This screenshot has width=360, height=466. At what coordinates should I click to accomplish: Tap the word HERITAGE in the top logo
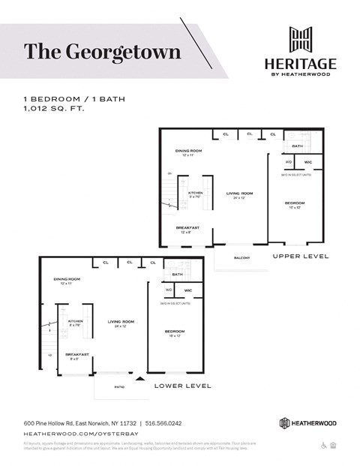pyautogui.click(x=300, y=63)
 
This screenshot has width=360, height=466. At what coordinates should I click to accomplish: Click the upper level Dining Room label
pyautogui.click(x=188, y=152)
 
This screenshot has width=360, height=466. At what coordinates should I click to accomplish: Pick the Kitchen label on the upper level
pyautogui.click(x=195, y=194)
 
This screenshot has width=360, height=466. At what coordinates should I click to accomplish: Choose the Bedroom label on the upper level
pyautogui.click(x=293, y=204)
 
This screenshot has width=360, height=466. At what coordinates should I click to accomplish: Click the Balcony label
pyautogui.click(x=241, y=258)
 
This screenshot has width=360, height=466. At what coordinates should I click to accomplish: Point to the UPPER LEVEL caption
pyautogui.click(x=300, y=257)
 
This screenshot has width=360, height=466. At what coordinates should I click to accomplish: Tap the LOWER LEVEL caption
pyautogui.click(x=182, y=386)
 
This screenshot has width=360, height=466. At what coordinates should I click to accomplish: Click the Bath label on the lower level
pyautogui.click(x=178, y=275)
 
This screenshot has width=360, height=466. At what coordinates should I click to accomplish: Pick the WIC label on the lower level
pyautogui.click(x=188, y=290)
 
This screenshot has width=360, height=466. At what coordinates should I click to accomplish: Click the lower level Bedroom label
pyautogui.click(x=175, y=332)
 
